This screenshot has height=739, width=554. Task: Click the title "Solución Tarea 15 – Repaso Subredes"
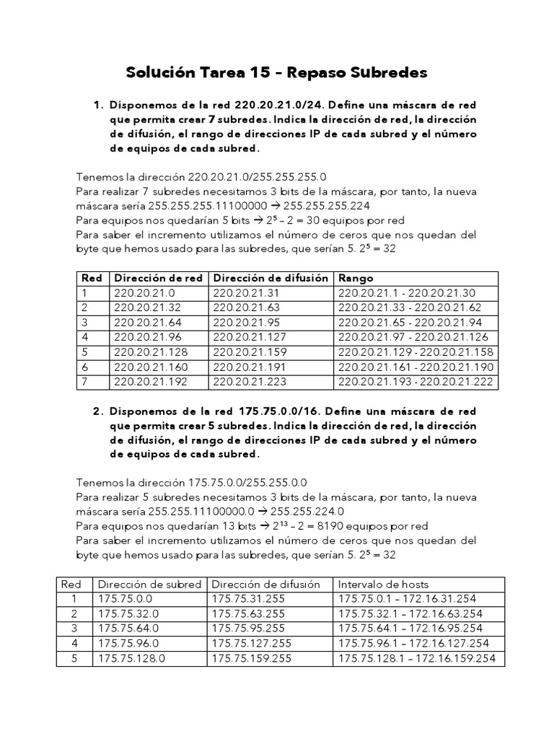pyautogui.click(x=277, y=73)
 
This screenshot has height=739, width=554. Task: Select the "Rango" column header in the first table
pyautogui.click(x=354, y=278)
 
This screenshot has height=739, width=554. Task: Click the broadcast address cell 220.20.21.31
pyautogui.click(x=240, y=292)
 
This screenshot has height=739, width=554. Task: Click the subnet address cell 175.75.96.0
pyautogui.click(x=128, y=643)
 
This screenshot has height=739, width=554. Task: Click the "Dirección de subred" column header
pyautogui.click(x=149, y=584)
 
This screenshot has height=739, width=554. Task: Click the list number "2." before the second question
pyautogui.click(x=99, y=411)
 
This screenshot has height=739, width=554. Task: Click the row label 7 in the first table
pyautogui.click(x=84, y=381)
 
